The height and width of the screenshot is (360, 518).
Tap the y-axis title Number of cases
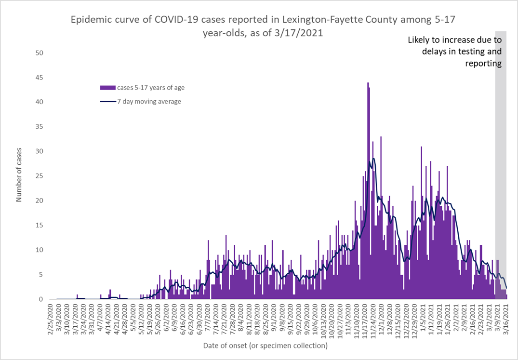[19, 176]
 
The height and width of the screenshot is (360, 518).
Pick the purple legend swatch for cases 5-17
[107, 88]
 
